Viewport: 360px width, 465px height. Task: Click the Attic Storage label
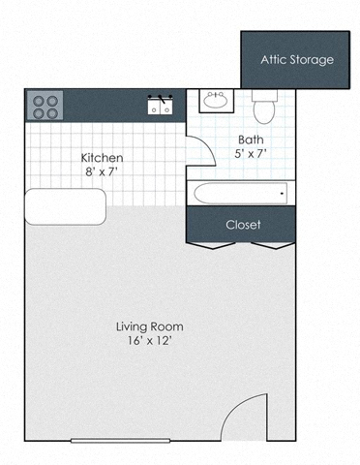(x=296, y=60)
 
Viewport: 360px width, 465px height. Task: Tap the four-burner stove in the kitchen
(x=43, y=105)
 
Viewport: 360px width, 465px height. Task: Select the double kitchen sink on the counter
(x=161, y=106)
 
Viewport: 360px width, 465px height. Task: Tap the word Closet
(x=243, y=225)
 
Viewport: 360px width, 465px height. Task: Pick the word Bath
(x=251, y=139)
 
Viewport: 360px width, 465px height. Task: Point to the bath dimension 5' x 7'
(x=251, y=154)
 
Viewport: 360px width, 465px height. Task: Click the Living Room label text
(x=150, y=326)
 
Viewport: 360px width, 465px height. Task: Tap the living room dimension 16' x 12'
(x=150, y=342)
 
